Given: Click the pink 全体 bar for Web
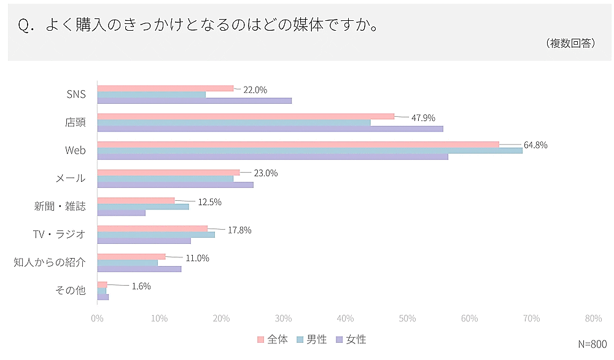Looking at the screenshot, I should (x=298, y=144).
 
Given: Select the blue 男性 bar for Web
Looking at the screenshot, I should (x=310, y=151).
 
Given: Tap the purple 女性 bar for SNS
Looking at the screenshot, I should (x=195, y=101).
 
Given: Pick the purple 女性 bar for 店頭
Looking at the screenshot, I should (x=270, y=129).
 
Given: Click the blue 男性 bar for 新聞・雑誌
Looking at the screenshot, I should (x=143, y=206).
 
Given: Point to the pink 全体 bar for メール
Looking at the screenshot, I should (x=168, y=173).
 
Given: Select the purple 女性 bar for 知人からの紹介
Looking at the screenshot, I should (x=139, y=269).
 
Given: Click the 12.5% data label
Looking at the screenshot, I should (x=209, y=202).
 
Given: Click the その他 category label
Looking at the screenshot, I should (x=71, y=291).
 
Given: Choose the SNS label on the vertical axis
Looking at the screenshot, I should (x=76, y=95).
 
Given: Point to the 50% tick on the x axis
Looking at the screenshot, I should (x=407, y=318).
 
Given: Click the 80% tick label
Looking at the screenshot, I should (x=593, y=318).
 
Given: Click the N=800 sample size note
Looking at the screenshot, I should (x=592, y=344).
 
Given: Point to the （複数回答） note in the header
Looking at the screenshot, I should (x=570, y=44).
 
